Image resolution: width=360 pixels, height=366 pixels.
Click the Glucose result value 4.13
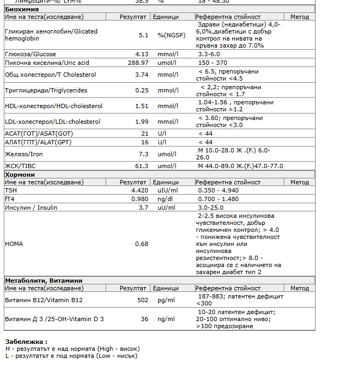coord(141,54)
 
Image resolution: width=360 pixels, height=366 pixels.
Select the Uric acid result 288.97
coord(138,63)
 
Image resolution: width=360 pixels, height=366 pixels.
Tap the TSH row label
coord(11,190)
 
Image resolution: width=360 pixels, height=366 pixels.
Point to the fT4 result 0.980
coord(140,199)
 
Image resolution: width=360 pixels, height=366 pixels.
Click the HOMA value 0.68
coord(141,244)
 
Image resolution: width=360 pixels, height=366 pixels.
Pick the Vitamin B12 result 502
coord(143,300)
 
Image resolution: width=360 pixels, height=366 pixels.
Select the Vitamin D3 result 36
coord(145,319)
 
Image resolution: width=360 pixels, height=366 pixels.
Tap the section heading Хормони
coord(19,175)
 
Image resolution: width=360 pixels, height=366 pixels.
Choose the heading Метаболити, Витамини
coord(43,281)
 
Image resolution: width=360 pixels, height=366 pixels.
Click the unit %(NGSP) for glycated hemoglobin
coord(171,35)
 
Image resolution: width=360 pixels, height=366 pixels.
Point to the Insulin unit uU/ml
coord(166,208)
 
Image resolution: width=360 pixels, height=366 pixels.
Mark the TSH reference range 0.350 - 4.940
coord(218,190)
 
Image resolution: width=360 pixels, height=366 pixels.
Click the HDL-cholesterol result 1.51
coord(141,106)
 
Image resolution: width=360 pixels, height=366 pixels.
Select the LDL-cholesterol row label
coord(53,122)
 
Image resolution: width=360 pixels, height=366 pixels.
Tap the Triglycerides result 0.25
coord(141,90)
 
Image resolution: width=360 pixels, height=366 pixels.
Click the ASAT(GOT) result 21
coord(145,133)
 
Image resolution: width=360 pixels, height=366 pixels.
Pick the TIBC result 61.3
coord(141,166)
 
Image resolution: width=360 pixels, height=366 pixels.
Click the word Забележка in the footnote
coord(24,342)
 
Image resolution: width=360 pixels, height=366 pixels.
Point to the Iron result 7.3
coord(143,154)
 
